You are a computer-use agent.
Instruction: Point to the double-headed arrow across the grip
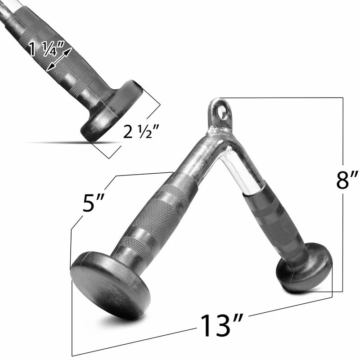(x=59, y=59)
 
